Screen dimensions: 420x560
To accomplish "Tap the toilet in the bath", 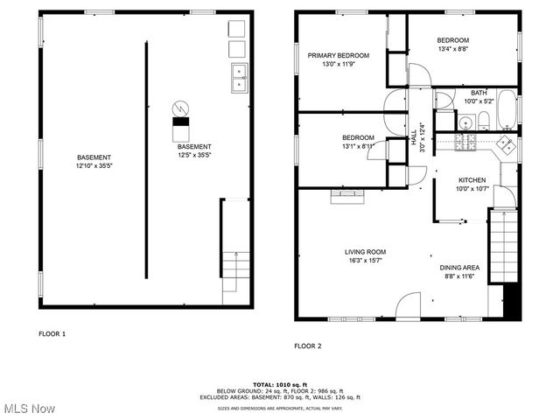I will pos(483,121).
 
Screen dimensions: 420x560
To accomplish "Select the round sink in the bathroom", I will pos(466,123).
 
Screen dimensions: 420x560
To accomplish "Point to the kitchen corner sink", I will pos(505,144).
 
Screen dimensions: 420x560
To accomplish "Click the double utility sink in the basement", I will pos(239,78).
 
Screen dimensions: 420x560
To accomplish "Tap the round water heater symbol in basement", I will pos(180,108).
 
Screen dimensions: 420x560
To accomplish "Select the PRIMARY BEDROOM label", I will pos(338,55).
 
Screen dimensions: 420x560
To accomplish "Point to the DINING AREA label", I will pos(459,268).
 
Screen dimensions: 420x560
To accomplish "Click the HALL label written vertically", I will pos(414,137).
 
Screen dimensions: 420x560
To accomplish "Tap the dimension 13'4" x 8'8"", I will pos(453,50).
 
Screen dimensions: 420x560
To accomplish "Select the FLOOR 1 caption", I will pos(52,333).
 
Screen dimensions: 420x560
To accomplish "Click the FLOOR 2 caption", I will pos(307,346).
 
